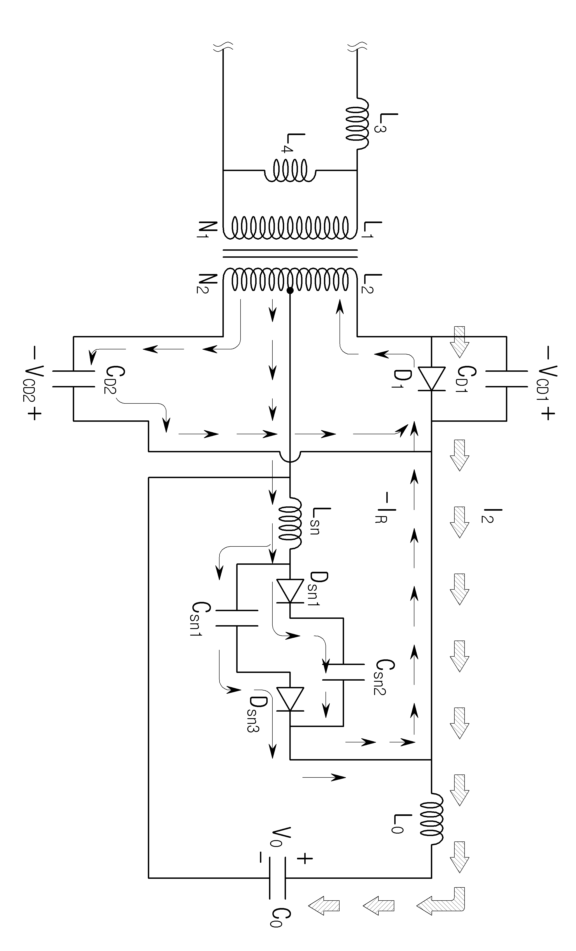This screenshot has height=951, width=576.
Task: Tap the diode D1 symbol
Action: (431, 379)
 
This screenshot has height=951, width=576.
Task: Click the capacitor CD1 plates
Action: (506, 379)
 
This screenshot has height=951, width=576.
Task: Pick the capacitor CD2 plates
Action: (73, 379)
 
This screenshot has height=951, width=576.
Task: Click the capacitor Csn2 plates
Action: (343, 672)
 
